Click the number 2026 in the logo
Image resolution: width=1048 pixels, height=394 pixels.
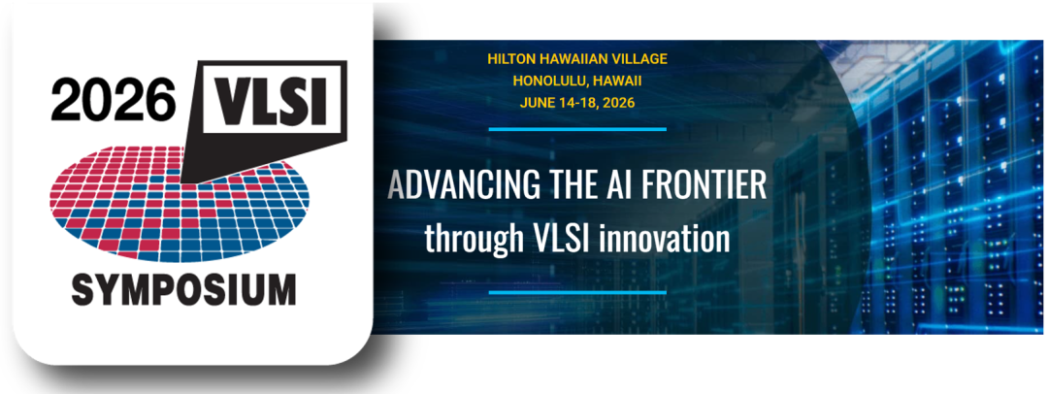click(x=113, y=101)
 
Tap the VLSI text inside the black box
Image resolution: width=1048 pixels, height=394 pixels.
click(x=272, y=101)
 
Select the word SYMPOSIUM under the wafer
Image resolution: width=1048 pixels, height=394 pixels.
click(x=183, y=289)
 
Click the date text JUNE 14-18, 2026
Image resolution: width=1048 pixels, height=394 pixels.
click(x=576, y=103)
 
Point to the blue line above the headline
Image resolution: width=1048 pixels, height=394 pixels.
click(x=577, y=128)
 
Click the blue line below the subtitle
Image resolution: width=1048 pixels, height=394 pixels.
click(x=577, y=292)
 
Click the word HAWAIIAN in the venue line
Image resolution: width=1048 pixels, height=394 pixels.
click(x=573, y=58)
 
